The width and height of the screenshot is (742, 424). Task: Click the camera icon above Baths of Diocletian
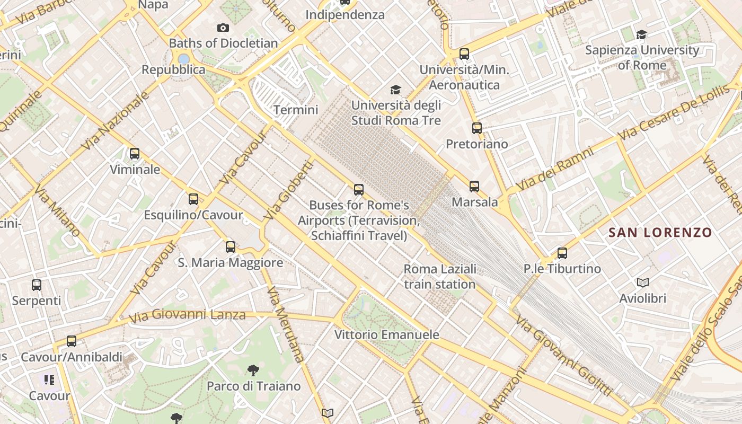(223, 28)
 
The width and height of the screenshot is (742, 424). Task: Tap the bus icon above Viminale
(135, 154)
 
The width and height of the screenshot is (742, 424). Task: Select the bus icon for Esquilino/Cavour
(193, 199)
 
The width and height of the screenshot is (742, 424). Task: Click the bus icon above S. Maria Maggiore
(230, 246)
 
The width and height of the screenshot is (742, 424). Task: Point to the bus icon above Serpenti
(37, 285)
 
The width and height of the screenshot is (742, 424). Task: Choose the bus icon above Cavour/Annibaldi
(72, 341)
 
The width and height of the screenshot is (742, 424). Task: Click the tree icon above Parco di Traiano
(253, 370)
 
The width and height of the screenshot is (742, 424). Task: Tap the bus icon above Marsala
(474, 186)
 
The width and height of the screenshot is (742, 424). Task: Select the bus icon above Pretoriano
(477, 128)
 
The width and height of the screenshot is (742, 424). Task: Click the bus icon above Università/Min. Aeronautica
(464, 54)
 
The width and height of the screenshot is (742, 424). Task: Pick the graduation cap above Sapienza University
(642, 35)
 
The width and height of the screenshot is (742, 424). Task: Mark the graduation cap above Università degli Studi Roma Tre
(395, 90)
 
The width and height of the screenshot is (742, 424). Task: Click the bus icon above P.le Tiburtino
(562, 253)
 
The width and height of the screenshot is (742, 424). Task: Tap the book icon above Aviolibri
(643, 282)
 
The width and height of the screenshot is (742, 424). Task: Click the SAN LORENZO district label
(660, 232)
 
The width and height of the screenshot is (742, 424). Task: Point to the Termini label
(296, 110)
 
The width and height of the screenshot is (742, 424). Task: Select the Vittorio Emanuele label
(387, 335)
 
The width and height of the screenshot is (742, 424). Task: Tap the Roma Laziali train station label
(440, 277)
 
